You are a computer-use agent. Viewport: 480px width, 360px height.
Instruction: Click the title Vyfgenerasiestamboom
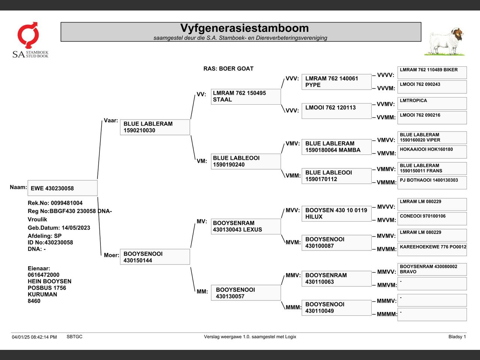coord(244,28)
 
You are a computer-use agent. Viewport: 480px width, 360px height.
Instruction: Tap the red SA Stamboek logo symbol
coord(28,35)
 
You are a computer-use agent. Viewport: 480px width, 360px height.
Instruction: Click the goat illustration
coord(445,41)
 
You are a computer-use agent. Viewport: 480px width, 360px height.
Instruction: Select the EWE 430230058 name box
coord(63,188)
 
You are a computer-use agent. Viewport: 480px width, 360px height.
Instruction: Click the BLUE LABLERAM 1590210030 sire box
coord(155,127)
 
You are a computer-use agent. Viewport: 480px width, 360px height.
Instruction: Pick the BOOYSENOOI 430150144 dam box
coord(155,257)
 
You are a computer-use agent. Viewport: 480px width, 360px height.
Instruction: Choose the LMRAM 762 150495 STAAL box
coord(246,96)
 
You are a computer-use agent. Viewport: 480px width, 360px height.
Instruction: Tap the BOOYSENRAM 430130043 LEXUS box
coord(246,226)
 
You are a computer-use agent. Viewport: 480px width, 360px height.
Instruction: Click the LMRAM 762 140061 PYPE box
coord(336,82)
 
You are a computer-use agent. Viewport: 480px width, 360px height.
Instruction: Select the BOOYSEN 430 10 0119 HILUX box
coord(336,213)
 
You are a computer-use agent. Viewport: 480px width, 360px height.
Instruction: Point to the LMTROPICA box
coord(432,103)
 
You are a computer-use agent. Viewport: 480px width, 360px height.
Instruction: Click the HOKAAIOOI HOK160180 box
coord(432,152)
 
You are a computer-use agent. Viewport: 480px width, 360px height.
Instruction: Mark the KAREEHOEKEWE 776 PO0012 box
coord(432,249)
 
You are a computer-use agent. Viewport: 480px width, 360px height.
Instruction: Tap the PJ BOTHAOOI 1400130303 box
coord(432,183)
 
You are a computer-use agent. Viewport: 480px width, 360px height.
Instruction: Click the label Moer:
coord(111,255)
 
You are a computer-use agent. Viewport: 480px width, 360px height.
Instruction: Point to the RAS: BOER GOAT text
coord(228,69)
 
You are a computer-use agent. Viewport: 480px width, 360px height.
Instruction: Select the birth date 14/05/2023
coord(76,228)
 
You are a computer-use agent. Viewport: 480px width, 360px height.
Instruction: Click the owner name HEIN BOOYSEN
coord(49,281)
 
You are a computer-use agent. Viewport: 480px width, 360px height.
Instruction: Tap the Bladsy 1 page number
coord(457,337)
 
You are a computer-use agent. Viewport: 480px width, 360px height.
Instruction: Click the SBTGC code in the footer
coord(75,337)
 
